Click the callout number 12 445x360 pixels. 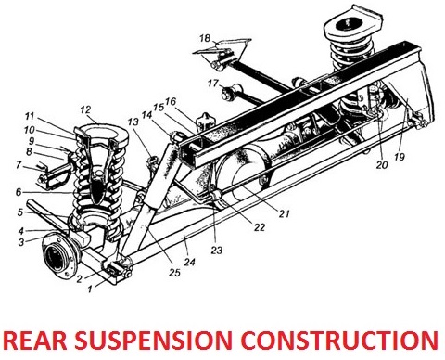tap(85, 109)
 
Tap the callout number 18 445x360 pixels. tap(205, 38)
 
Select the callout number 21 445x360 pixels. tap(284, 213)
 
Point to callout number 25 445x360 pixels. tap(174, 272)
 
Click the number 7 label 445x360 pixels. tap(19, 165)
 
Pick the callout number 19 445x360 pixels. tap(400, 157)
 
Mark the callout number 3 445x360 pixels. tap(21, 242)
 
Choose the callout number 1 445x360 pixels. tap(90, 289)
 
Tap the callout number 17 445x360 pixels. tap(213, 84)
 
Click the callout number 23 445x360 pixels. tap(217, 250)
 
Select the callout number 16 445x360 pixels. tap(170, 101)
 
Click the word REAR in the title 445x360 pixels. tap(35, 341)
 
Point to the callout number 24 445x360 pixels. tap(190, 262)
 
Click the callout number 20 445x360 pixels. tap(382, 165)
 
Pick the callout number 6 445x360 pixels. tap(19, 192)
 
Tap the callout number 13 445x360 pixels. tap(133, 122)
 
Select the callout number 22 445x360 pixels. tap(260, 227)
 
